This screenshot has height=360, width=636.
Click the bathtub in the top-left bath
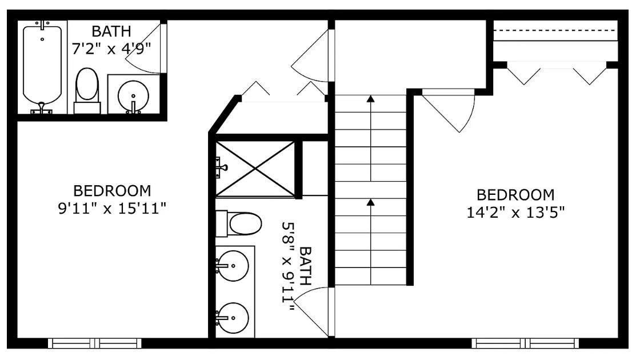pos(42,67)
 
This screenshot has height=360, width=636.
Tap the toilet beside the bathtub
pos(87,90)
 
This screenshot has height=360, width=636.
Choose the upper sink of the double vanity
pos(232,265)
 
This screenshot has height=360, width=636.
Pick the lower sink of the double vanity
pos(232,318)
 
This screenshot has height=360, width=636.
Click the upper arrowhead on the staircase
pos(370,98)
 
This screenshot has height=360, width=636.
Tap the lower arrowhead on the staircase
pos(370,202)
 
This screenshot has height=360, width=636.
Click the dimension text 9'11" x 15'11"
pos(112,209)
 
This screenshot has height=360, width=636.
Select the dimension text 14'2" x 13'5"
pos(515,213)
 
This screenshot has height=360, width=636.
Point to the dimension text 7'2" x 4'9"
pos(111,49)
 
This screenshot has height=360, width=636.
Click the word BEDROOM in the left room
pos(112,190)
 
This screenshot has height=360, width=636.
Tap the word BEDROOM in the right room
pos(515,195)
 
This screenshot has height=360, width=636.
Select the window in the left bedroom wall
pos(95,343)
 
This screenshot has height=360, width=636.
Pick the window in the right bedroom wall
pos(525,343)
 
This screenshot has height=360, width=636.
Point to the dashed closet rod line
pos(555,30)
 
